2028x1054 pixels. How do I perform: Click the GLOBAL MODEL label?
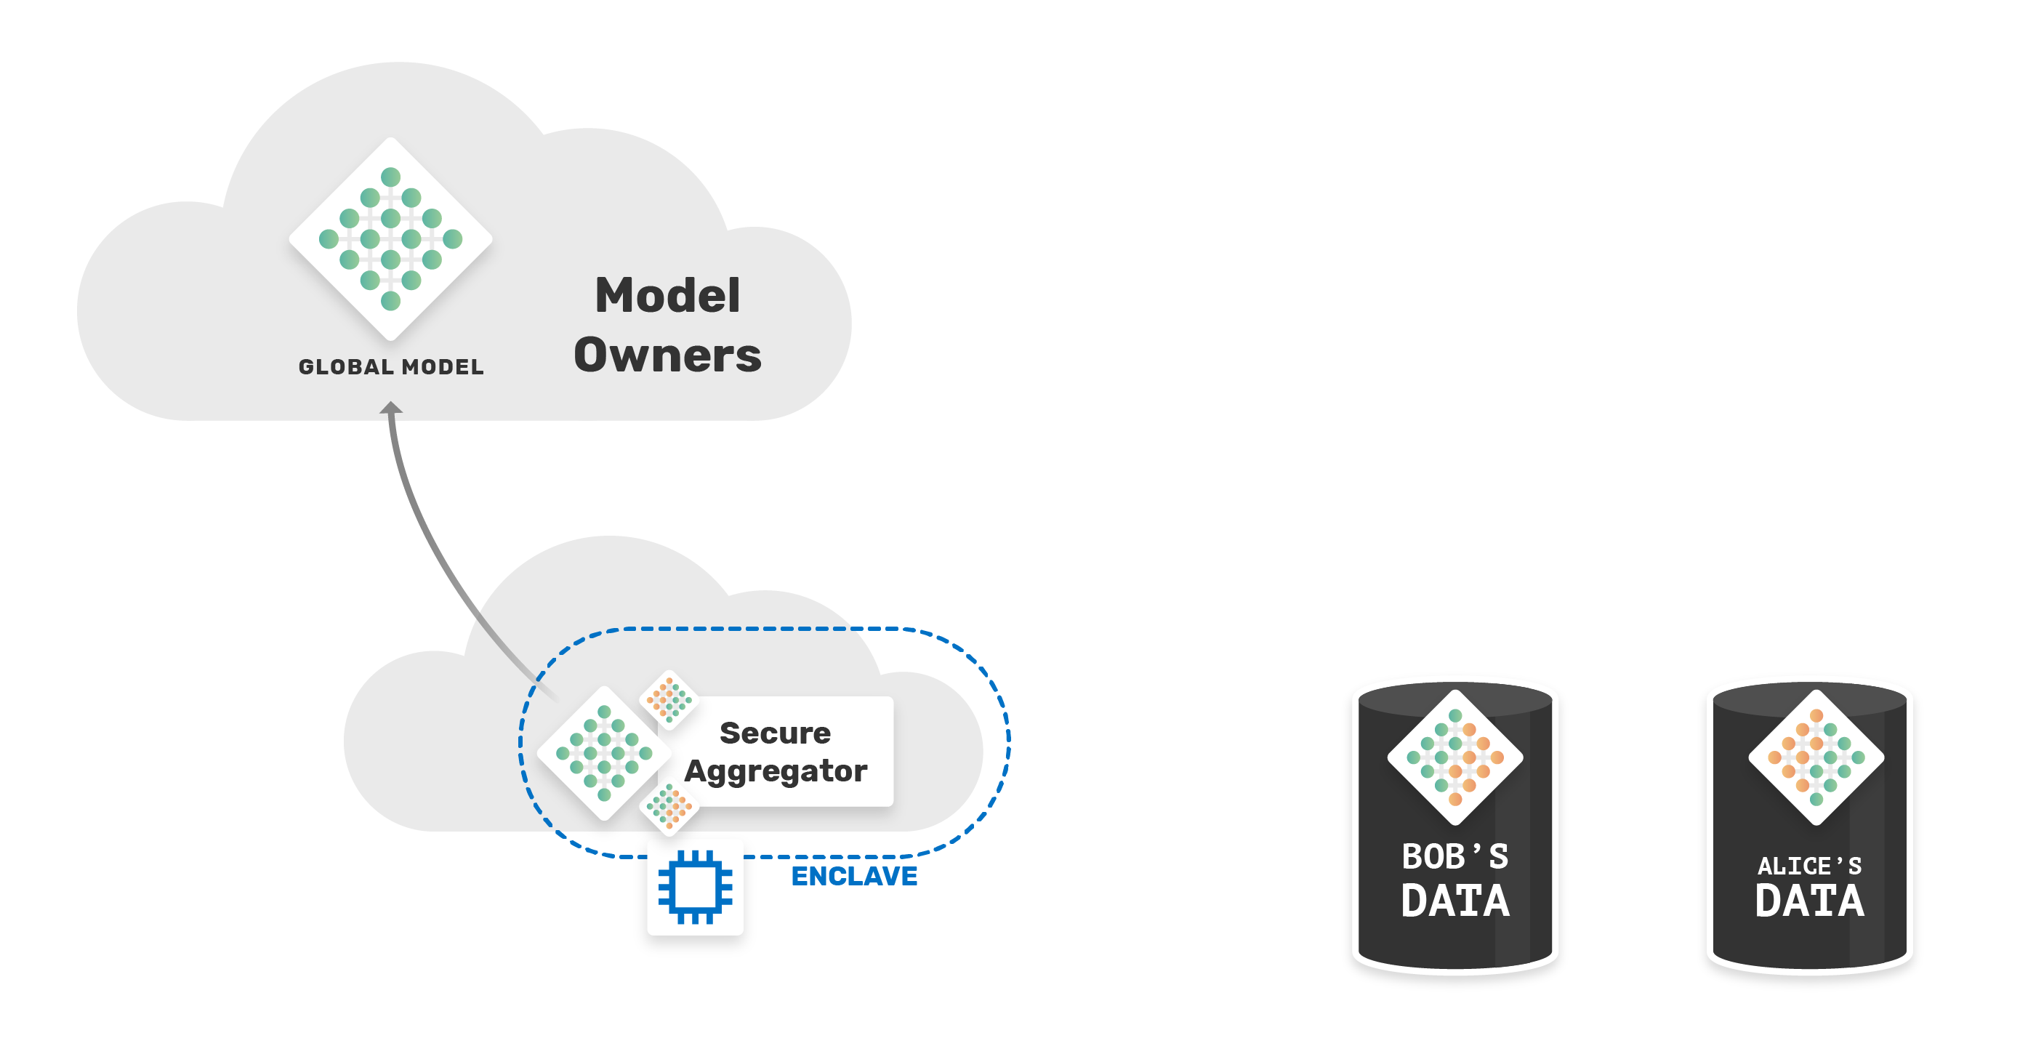(391, 367)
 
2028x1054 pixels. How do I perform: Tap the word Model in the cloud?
(667, 295)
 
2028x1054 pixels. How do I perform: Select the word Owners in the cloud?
(667, 355)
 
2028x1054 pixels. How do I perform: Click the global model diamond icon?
(390, 238)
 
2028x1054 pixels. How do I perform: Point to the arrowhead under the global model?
(391, 407)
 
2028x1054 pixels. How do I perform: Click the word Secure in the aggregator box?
(775, 733)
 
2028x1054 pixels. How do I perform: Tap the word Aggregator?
(776, 771)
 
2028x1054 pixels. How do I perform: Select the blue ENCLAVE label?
(854, 876)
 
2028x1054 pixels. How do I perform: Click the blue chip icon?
(695, 887)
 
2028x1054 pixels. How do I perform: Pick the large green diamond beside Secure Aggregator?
(604, 753)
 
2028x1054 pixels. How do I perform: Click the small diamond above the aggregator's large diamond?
(669, 699)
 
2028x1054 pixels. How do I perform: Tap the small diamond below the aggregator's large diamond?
(669, 806)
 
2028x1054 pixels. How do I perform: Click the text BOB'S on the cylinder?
(1455, 856)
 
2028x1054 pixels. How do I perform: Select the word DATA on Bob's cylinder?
(1455, 901)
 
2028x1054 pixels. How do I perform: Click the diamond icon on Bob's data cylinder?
(1455, 757)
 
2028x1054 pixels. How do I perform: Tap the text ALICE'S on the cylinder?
(1809, 866)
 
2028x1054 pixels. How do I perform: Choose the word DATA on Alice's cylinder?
(1809, 901)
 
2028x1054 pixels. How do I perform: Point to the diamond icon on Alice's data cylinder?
(1816, 757)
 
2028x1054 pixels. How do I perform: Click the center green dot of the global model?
(390, 238)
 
